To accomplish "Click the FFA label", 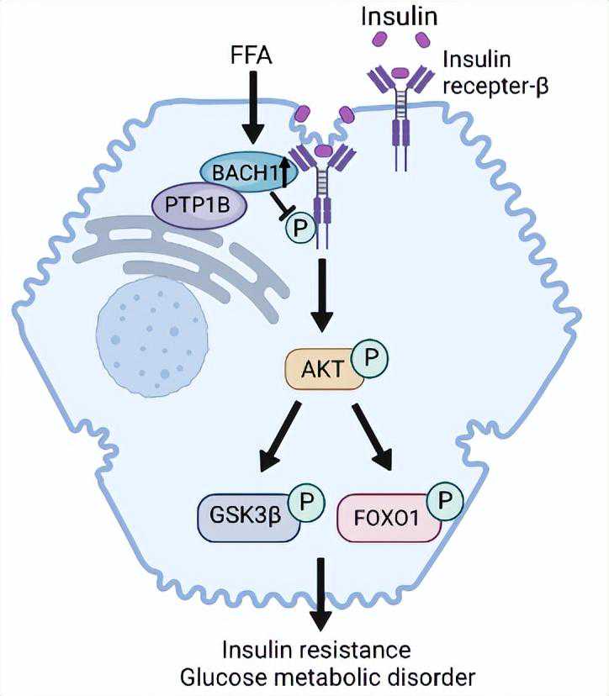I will (x=252, y=57).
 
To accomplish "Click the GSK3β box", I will (x=245, y=514).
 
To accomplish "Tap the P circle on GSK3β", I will (x=306, y=504).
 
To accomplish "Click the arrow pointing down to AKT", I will (x=321, y=294).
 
